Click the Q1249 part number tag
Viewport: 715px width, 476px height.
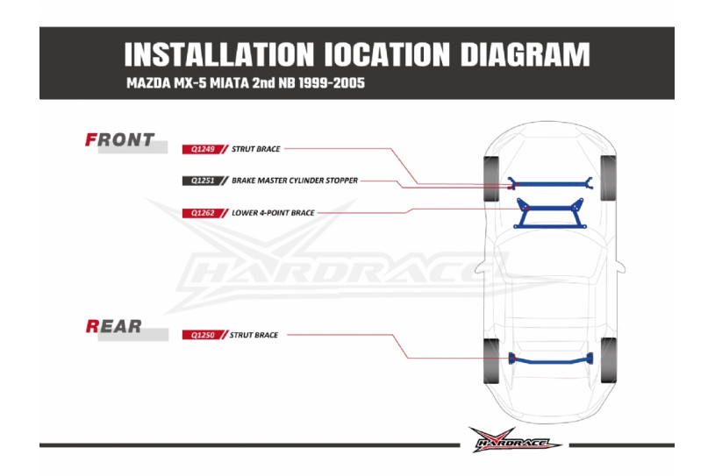tap(203, 149)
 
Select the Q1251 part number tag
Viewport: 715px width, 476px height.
tap(203, 181)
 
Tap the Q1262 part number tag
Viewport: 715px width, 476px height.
tap(203, 213)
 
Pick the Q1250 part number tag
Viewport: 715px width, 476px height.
tap(203, 335)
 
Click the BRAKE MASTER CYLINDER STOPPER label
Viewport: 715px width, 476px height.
tap(295, 181)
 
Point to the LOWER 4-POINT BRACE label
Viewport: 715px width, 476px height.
tap(273, 213)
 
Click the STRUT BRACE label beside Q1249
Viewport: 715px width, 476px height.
tap(256, 149)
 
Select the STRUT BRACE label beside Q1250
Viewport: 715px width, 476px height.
tap(254, 335)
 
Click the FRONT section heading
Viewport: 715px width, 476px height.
tap(120, 140)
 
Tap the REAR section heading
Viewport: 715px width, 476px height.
tap(113, 326)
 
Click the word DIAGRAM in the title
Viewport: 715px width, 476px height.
tap(525, 54)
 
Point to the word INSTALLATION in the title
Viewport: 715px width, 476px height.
tap(219, 54)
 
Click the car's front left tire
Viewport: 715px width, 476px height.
tap(491, 179)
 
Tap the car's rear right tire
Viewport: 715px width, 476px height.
tap(608, 360)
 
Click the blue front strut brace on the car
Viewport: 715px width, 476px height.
tap(550, 184)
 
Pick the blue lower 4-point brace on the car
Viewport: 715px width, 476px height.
tap(550, 209)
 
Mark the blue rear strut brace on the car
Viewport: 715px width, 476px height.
tap(551, 362)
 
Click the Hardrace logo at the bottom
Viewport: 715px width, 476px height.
tap(514, 440)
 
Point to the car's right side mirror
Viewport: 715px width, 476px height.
tap(619, 266)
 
